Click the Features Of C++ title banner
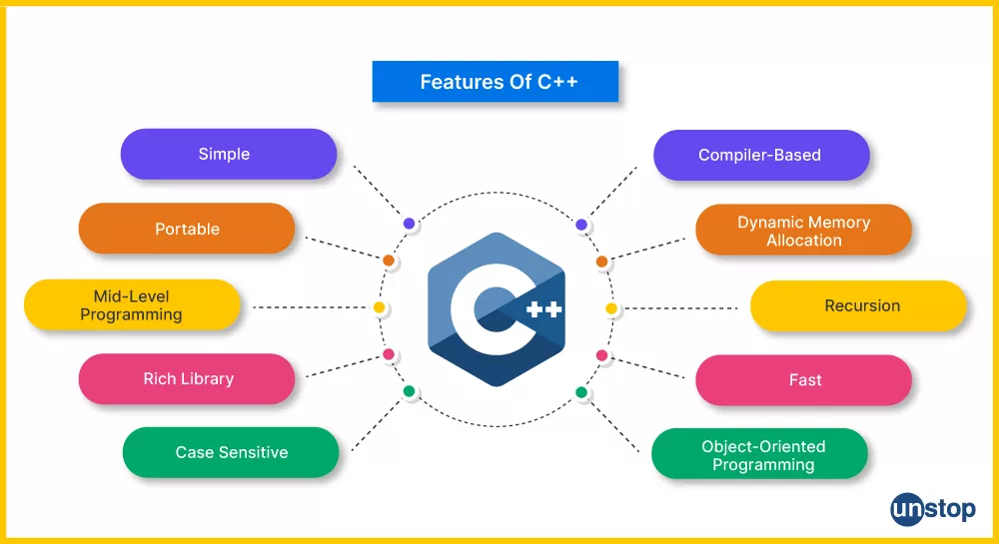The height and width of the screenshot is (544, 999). click(x=496, y=82)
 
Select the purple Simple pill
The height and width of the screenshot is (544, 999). click(x=229, y=154)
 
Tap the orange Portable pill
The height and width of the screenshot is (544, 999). click(x=187, y=229)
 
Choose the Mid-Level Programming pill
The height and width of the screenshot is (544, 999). click(x=132, y=304)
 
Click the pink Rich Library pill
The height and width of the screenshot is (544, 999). click(x=187, y=378)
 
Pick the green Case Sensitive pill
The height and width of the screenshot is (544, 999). click(x=231, y=452)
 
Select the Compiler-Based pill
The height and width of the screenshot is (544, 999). click(x=761, y=156)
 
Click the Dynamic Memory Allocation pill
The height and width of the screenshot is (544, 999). click(x=803, y=230)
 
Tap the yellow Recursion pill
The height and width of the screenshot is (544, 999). click(x=858, y=306)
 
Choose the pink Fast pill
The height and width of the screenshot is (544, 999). click(x=803, y=380)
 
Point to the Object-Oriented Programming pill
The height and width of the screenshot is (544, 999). click(x=759, y=453)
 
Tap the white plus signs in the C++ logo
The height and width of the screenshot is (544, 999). click(x=544, y=309)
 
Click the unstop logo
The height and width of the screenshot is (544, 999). click(x=933, y=510)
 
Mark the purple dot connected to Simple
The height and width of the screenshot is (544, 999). click(x=409, y=224)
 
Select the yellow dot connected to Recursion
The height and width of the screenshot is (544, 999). click(x=611, y=308)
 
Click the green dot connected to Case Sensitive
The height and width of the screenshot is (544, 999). click(x=409, y=391)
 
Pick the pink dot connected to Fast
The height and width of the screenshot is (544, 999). click(x=601, y=355)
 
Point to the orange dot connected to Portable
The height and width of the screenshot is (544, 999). click(x=388, y=261)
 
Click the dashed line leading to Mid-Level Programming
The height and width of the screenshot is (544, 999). click(x=311, y=307)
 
